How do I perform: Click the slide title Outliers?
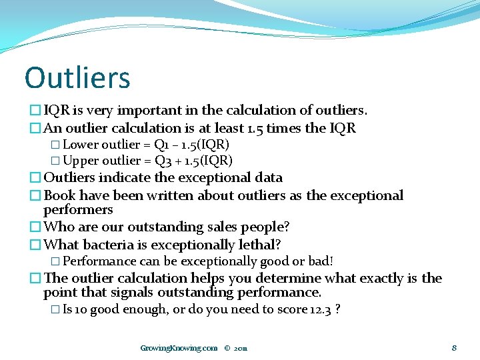77,77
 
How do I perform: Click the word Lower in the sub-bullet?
81,145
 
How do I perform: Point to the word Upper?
81,161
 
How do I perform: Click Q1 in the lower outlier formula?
161,145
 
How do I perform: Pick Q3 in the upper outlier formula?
163,161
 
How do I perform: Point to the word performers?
78,209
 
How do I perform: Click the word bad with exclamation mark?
321,261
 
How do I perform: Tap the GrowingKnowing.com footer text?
179,347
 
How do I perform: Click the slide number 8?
453,347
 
